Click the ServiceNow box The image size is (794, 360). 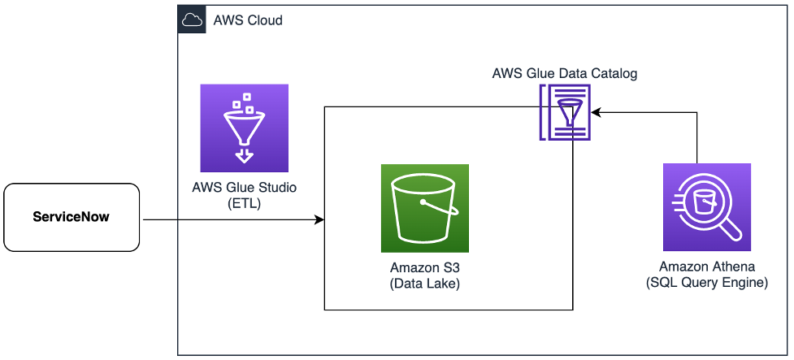click(72, 217)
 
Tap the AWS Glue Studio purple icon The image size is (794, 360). click(244, 128)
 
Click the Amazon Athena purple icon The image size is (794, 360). click(706, 206)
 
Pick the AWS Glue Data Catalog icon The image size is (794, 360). click(566, 113)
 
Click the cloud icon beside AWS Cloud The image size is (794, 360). click(192, 20)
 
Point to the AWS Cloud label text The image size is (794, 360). click(248, 20)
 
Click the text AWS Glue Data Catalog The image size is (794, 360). click(565, 73)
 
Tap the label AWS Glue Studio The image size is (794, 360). click(244, 188)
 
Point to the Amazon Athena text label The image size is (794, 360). click(706, 267)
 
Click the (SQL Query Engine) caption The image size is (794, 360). click(706, 282)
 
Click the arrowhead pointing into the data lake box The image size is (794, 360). click(319, 220)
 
